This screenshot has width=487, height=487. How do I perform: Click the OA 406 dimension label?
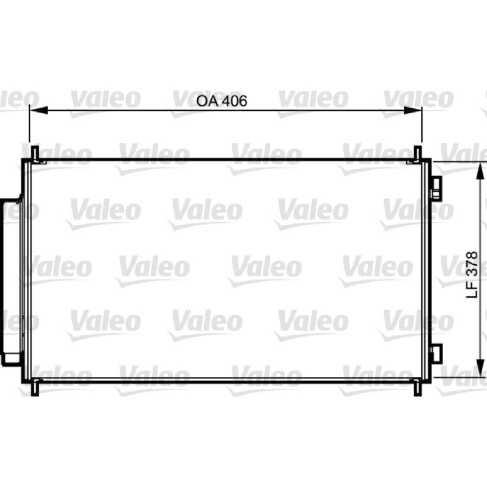click(222, 101)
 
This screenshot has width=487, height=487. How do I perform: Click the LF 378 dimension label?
click(472, 275)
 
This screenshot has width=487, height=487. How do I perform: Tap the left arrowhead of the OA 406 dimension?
click(38, 110)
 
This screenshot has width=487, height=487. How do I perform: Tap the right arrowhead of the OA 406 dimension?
click(413, 110)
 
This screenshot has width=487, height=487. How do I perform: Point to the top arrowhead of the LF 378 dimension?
click(480, 171)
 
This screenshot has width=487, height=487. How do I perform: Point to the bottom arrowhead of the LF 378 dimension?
click(480, 368)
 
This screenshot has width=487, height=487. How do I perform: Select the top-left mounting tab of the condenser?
click(35, 153)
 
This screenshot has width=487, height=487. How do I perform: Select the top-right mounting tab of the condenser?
click(418, 153)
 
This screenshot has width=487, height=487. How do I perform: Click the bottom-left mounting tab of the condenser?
click(35, 387)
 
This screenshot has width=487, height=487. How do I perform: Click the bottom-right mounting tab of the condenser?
click(418, 387)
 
